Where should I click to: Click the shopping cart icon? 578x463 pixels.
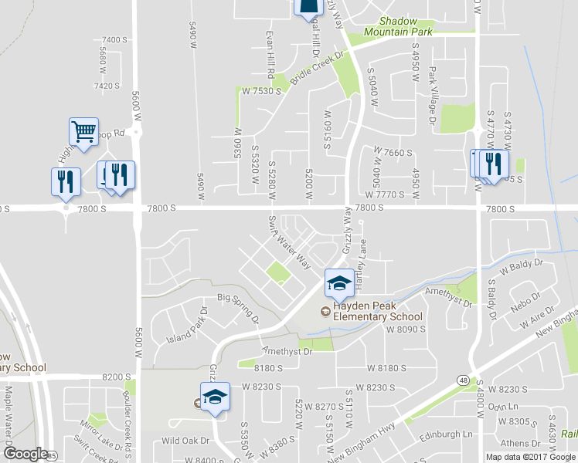tap(83, 130)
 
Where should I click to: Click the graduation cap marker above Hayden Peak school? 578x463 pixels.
tap(338, 282)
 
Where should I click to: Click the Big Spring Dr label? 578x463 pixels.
tap(237, 306)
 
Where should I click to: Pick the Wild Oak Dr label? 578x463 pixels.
tap(185, 441)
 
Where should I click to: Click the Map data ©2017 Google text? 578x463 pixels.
tap(531, 457)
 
